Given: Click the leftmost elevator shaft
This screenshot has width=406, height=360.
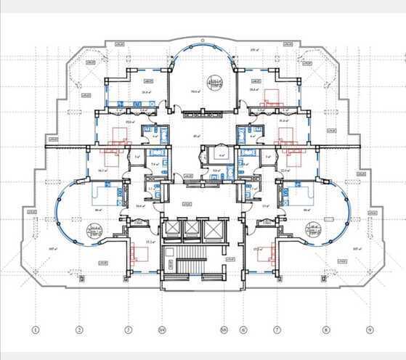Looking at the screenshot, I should click(171, 229).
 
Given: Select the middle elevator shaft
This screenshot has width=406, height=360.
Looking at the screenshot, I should click(191, 229).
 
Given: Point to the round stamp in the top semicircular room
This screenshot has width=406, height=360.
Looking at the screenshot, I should click(214, 82).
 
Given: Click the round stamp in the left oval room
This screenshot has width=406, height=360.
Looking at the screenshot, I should click(93, 232).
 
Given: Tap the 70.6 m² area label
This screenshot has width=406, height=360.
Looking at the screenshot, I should click(194, 92).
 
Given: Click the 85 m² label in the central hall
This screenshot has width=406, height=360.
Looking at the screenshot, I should click(196, 136).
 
